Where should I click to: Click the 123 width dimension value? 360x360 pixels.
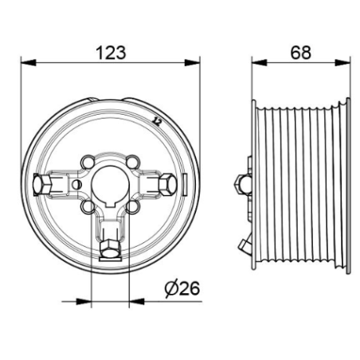pos(111,53)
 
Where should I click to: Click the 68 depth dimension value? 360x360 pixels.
pos(300,53)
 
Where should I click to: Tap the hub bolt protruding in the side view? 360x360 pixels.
pos(243,184)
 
